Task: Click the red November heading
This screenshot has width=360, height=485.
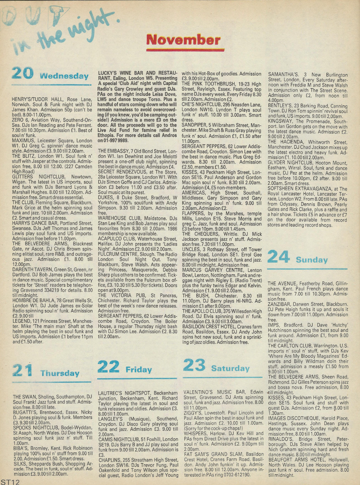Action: click(183, 40)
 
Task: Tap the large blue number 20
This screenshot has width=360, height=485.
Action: click(22, 73)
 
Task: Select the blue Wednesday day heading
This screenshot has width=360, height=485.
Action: click(64, 76)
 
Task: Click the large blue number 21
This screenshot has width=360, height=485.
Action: click(22, 371)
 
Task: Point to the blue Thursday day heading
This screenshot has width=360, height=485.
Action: click(60, 373)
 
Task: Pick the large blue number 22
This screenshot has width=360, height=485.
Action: click(108, 367)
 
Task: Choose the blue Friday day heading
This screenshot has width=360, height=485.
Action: click(139, 370)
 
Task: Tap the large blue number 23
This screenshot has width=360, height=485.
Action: click(194, 365)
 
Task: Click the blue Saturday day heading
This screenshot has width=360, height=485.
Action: click(230, 368)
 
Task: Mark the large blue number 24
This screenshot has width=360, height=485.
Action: click(279, 257)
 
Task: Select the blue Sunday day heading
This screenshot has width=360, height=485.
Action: click(312, 260)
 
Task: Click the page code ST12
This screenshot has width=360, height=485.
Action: click(10, 481)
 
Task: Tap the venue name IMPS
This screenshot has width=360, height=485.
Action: click(274, 325)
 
